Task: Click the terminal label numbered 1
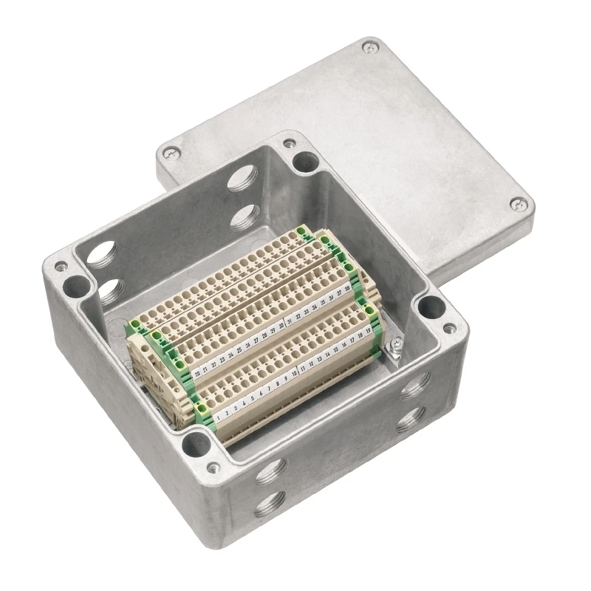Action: coord(218,416)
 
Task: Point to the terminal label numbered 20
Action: coord(197,374)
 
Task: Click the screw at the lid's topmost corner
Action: coord(368,49)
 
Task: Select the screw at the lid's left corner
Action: coord(171,154)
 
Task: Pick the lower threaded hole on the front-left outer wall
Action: coord(265,504)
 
